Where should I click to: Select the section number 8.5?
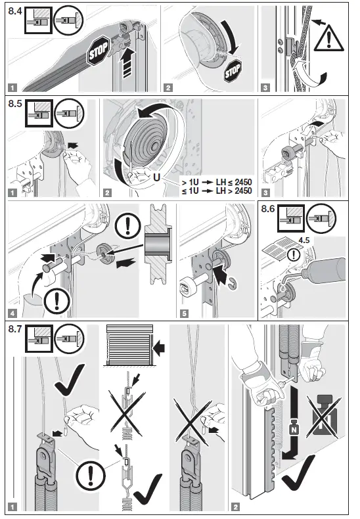[x=14, y=104]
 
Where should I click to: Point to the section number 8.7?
[x=14, y=327]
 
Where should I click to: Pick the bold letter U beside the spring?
[x=156, y=177]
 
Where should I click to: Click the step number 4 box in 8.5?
[x=12, y=313]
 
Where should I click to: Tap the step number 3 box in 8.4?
[x=265, y=87]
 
